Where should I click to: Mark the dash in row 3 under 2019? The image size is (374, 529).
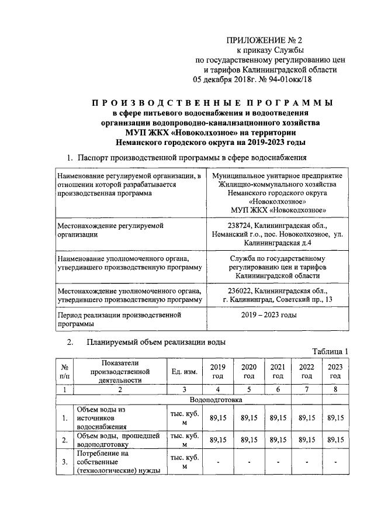[218, 462]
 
